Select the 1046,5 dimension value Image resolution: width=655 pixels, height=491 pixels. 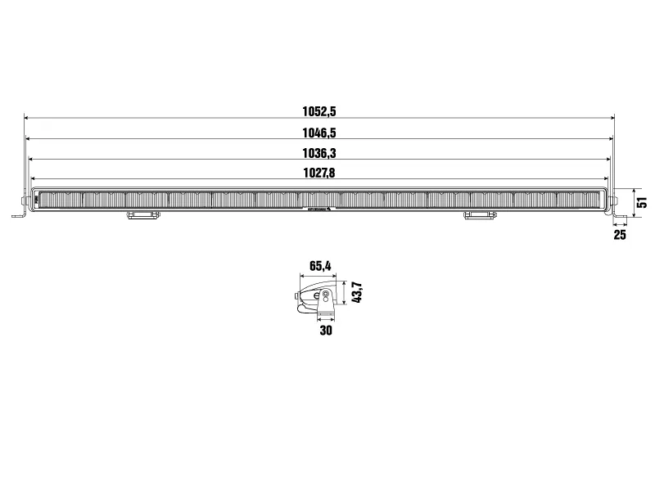point(319,133)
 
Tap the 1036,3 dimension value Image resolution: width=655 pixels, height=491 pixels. point(319,153)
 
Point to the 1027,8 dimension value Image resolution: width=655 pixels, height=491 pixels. point(319,173)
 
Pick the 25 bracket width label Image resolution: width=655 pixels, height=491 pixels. point(619,235)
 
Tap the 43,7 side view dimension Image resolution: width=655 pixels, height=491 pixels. point(357,292)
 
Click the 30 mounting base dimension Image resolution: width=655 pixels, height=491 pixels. point(326,331)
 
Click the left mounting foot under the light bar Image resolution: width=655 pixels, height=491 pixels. point(143,215)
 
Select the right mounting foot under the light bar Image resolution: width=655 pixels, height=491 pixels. point(480,215)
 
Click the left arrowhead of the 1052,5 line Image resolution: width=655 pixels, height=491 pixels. point(26,119)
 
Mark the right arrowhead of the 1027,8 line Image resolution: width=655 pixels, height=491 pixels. point(606,179)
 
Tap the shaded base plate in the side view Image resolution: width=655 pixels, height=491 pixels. point(326,314)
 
